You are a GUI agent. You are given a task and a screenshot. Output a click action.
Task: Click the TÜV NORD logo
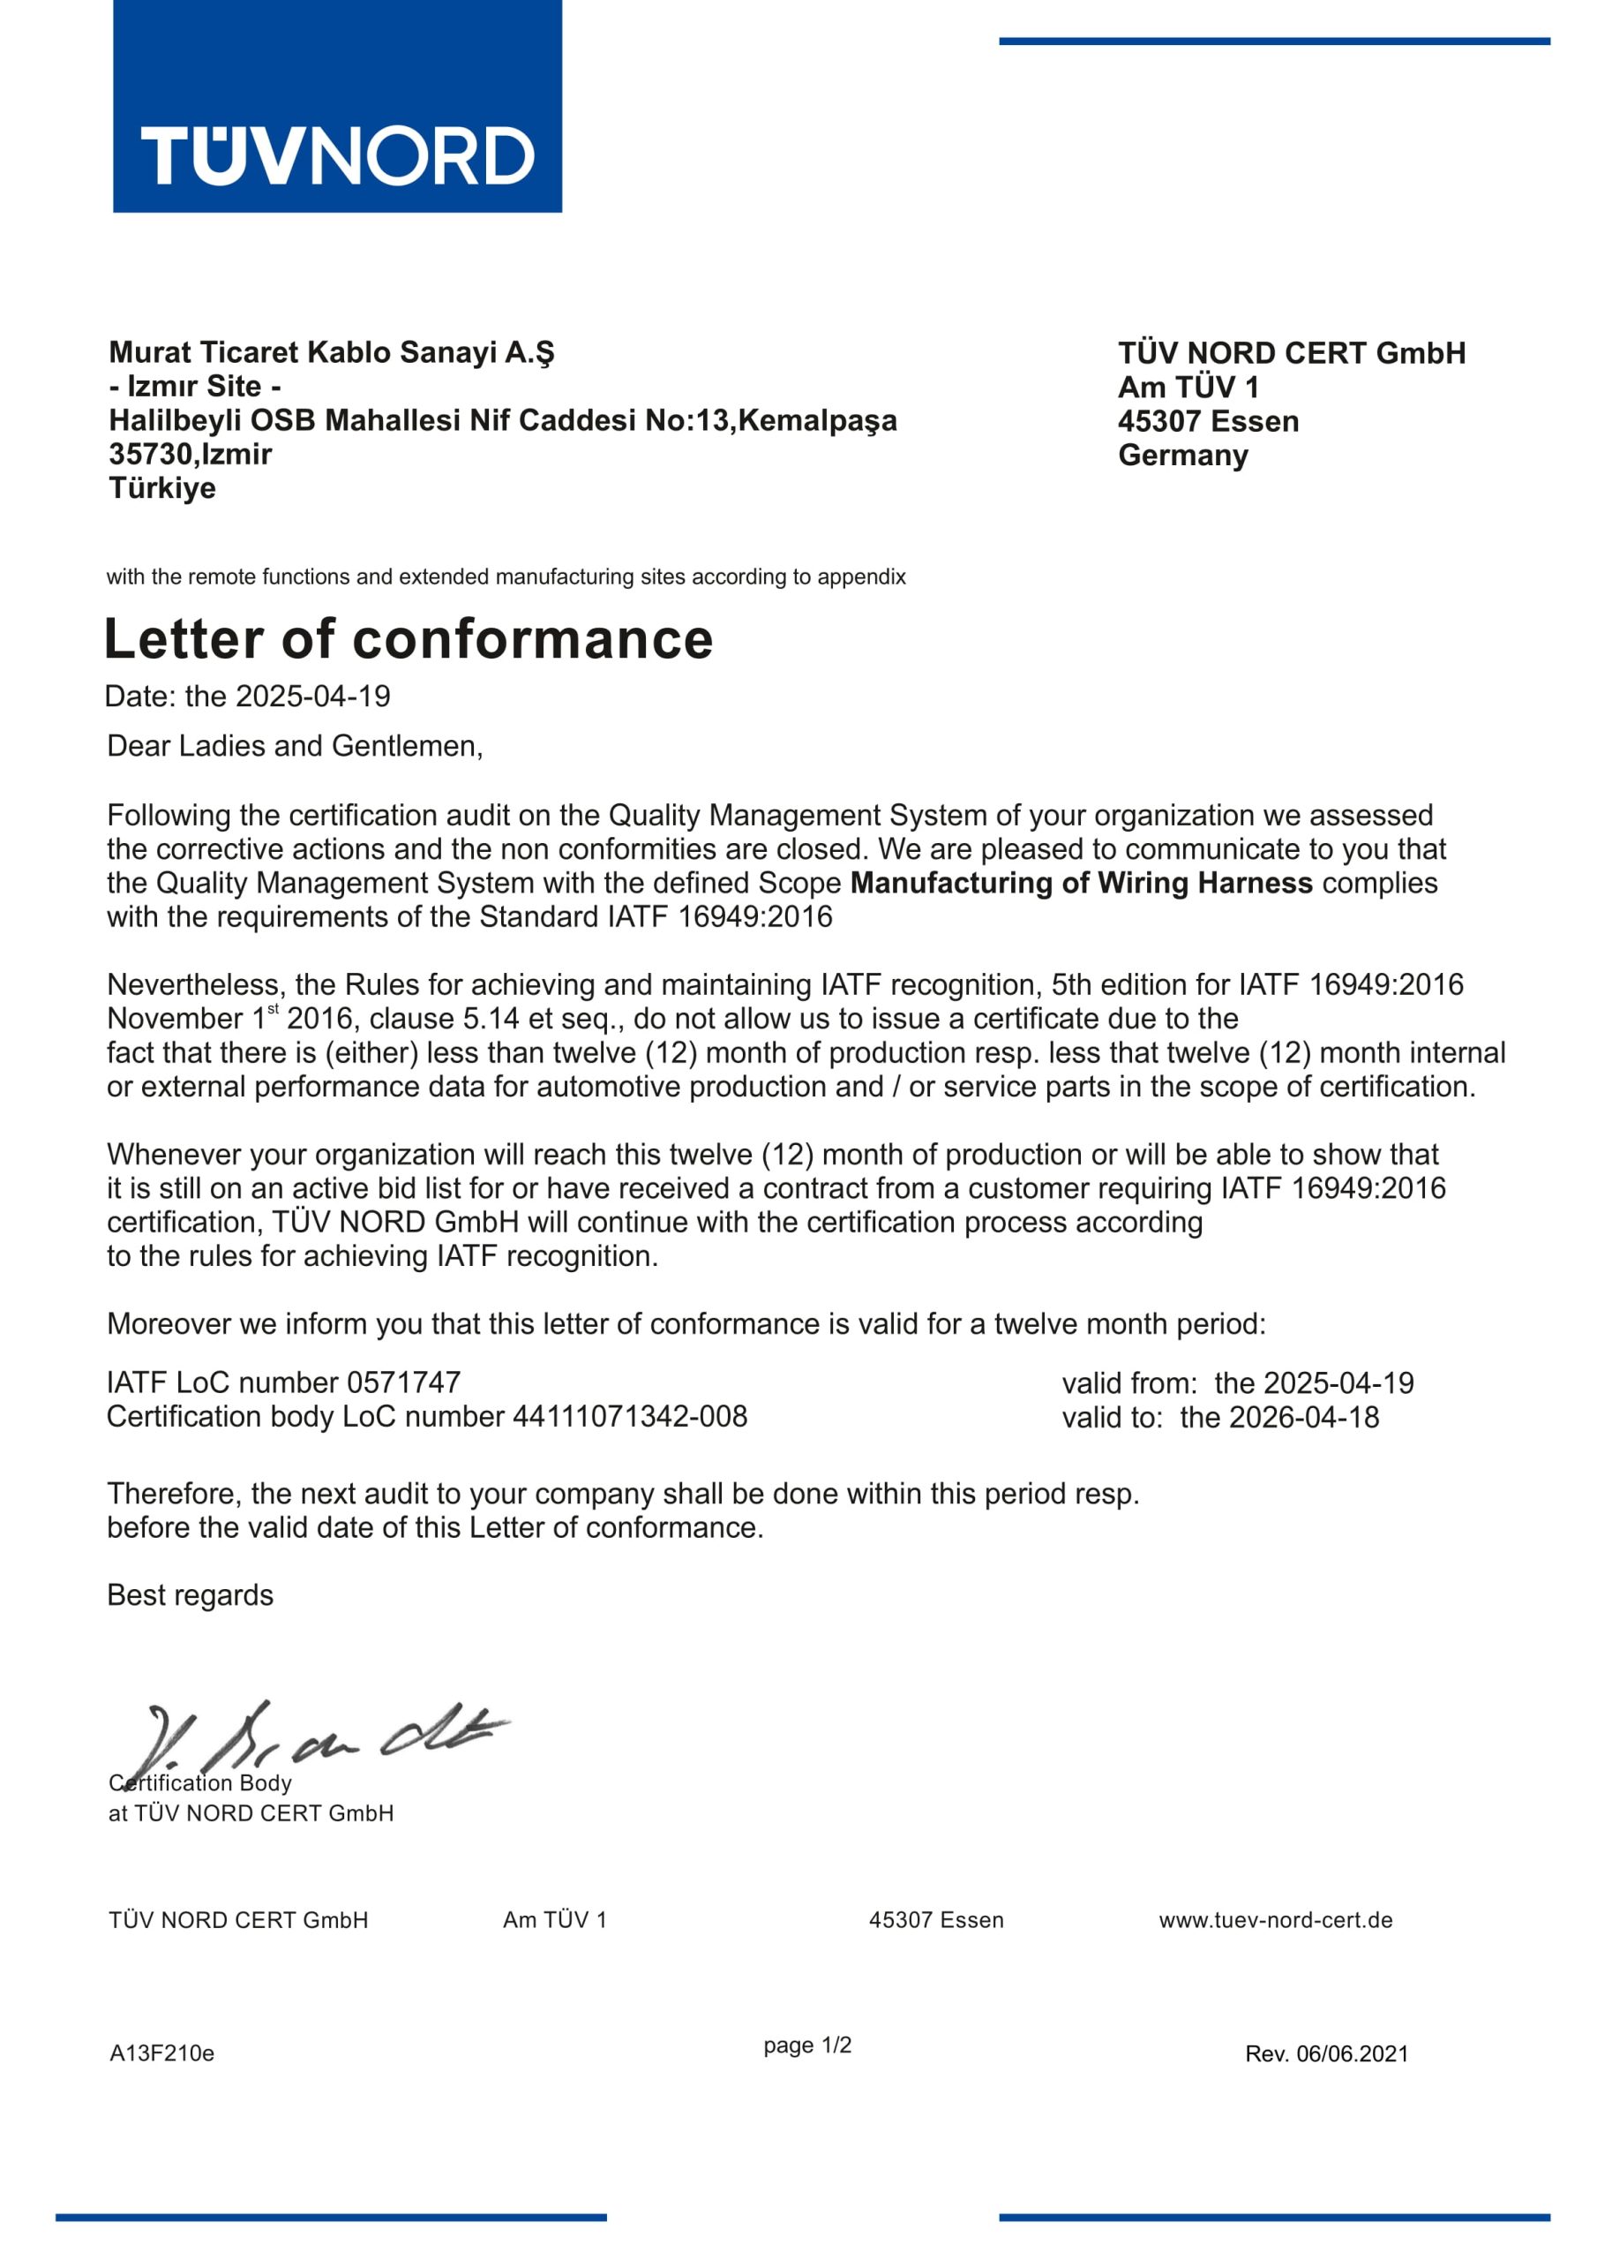[338, 106]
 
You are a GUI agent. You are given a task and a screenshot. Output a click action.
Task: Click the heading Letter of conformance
[409, 639]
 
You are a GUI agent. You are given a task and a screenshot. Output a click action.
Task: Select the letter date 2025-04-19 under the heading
[313, 697]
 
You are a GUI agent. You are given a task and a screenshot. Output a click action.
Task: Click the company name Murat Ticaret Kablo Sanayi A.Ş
[332, 352]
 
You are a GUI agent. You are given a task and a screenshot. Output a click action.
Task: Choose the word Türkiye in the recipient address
[162, 488]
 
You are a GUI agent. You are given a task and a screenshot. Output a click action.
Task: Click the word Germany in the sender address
[1182, 456]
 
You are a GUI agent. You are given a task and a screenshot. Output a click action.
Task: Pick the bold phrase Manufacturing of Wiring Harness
[1081, 883]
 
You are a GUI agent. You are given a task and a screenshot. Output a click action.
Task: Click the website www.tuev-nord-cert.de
[1275, 1919]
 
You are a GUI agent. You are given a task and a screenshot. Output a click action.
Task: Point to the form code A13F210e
[162, 2053]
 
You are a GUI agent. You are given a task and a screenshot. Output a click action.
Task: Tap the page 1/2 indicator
[806, 2045]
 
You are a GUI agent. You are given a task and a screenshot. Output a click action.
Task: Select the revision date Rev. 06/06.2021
[1326, 2054]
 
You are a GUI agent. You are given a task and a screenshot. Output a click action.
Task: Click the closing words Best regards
[190, 1595]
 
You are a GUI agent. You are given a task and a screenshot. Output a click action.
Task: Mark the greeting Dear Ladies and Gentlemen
[294, 746]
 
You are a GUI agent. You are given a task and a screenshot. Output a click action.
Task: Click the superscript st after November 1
[274, 1009]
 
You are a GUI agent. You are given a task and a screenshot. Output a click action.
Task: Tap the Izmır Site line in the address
[195, 386]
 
